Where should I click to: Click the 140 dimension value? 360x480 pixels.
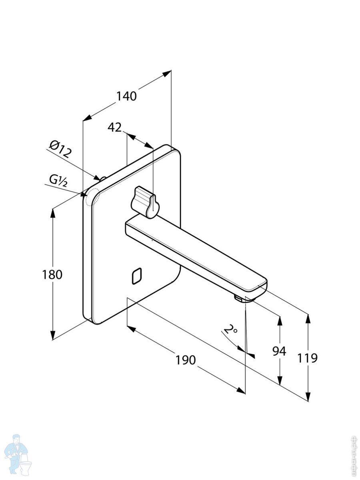126,96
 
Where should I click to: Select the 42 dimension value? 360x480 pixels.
114,127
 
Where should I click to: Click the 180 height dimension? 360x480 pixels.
52,275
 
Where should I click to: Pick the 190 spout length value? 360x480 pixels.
186,360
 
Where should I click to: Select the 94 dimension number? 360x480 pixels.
279,351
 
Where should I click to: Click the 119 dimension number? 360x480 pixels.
307,358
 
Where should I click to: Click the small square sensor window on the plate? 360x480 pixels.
137,276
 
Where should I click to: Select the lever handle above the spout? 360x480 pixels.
145,202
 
